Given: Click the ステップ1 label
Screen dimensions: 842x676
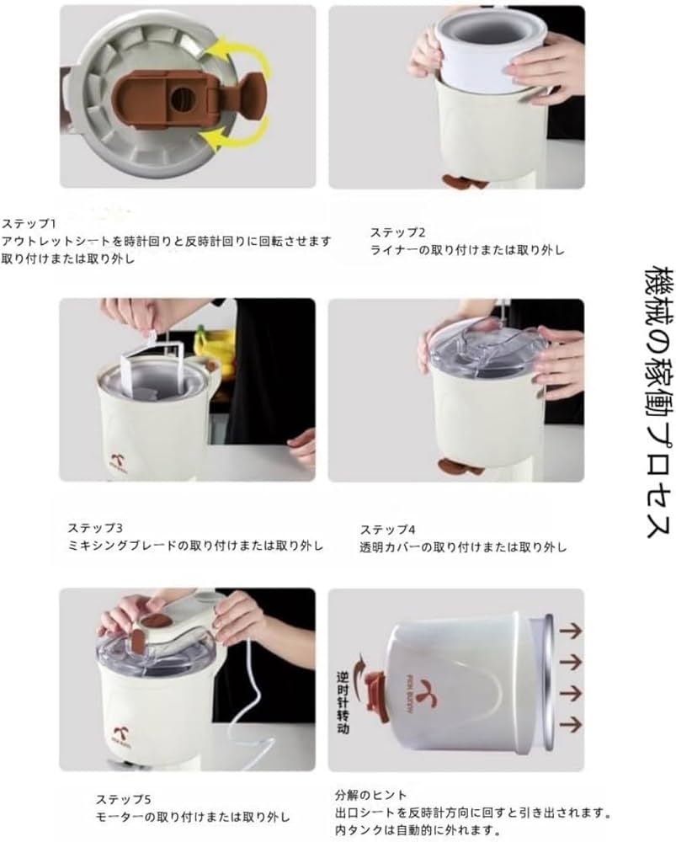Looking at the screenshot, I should coord(29,224).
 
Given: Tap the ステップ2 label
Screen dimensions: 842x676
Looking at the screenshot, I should coord(398,232).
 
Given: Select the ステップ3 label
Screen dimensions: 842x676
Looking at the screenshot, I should coord(95,528).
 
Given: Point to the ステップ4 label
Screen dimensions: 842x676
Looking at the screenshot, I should coord(387,530).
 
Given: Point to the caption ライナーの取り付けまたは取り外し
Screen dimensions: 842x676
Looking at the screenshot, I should coord(467,250).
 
